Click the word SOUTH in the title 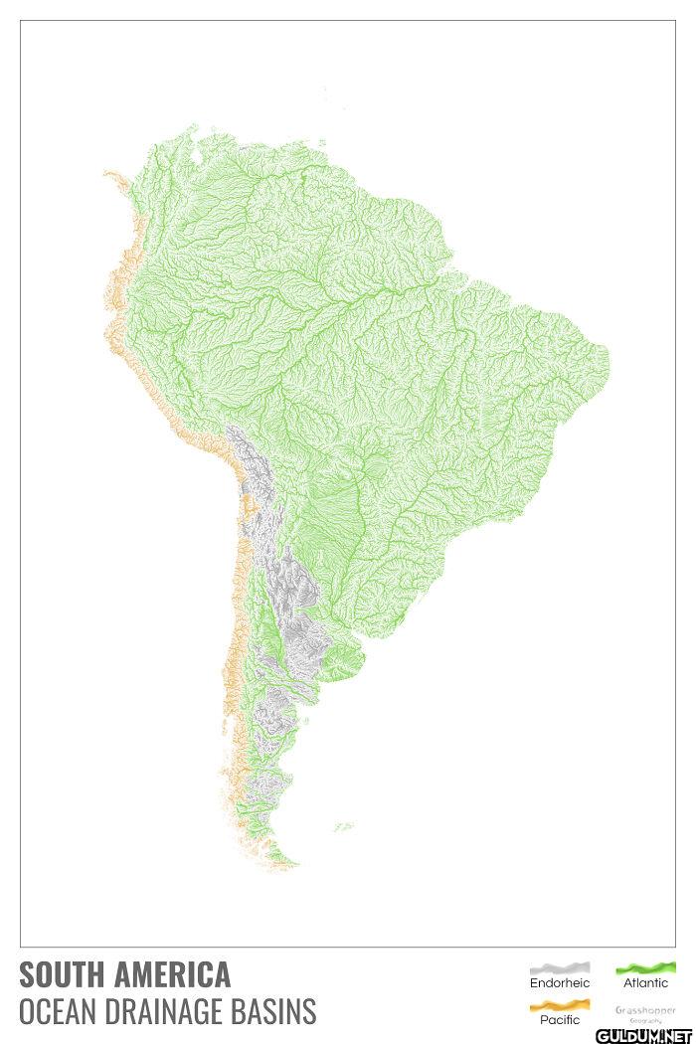click(x=61, y=973)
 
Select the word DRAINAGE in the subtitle click(x=167, y=1011)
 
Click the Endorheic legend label click(x=560, y=983)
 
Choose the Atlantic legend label click(x=645, y=983)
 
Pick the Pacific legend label click(x=560, y=1020)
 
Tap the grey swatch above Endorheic click(x=560, y=967)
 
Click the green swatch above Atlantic click(x=645, y=967)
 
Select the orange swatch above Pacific click(x=560, y=1005)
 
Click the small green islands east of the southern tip click(x=344, y=825)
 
